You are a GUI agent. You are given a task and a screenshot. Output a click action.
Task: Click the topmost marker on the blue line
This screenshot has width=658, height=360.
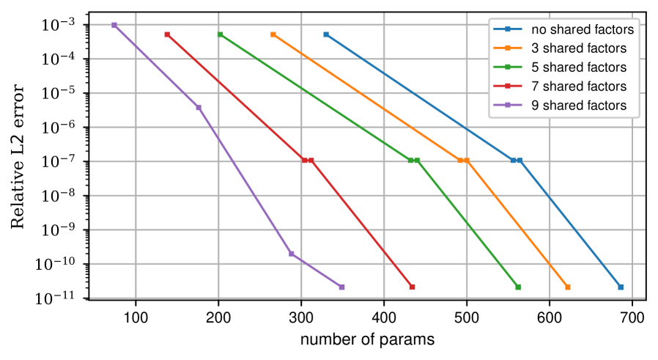pyautogui.click(x=326, y=34)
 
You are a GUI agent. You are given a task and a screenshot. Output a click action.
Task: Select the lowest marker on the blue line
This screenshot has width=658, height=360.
pyautogui.click(x=621, y=287)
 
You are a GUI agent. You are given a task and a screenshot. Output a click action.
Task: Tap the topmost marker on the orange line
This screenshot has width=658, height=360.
pyautogui.click(x=273, y=34)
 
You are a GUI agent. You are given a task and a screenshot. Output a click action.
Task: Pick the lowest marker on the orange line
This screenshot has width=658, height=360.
pyautogui.click(x=568, y=287)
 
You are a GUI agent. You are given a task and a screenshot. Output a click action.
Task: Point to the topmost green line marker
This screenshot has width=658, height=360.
pyautogui.click(x=220, y=34)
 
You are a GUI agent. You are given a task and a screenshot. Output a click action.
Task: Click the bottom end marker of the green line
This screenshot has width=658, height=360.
pyautogui.click(x=518, y=287)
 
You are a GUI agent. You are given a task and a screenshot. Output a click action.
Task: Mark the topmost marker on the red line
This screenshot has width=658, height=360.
pyautogui.click(x=167, y=34)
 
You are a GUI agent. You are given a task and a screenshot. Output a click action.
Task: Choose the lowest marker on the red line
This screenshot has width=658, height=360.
pyautogui.click(x=412, y=287)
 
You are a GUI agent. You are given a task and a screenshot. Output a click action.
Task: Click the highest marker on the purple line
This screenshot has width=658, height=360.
pyautogui.click(x=114, y=25)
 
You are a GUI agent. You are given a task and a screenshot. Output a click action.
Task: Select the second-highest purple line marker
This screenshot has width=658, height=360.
pyautogui.click(x=199, y=108)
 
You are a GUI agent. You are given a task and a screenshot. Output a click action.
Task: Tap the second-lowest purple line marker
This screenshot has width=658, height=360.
pyautogui.click(x=292, y=254)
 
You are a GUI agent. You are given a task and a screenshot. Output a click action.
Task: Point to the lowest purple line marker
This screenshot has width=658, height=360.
pyautogui.click(x=341, y=287)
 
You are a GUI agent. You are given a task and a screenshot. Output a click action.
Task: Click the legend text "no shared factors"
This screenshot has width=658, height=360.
pyautogui.click(x=583, y=30)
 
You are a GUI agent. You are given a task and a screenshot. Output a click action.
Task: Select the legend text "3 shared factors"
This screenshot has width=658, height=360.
pyautogui.click(x=579, y=49)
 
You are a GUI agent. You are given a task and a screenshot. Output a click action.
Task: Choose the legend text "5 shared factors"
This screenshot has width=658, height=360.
pyautogui.click(x=579, y=67)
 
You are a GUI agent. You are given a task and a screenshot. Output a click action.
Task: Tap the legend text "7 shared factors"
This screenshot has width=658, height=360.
pyautogui.click(x=579, y=87)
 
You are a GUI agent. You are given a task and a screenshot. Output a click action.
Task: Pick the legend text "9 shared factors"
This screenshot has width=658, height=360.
pyautogui.click(x=579, y=106)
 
